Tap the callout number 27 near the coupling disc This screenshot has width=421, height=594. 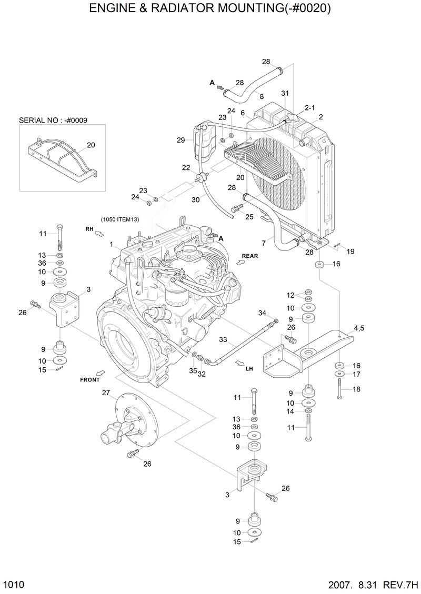106,392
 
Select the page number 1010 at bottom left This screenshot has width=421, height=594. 14,585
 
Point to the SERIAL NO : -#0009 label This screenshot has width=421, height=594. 53,120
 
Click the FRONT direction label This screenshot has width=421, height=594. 90,379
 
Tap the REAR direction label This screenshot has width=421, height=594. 249,256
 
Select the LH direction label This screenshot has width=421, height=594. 249,369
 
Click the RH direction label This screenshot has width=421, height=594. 89,228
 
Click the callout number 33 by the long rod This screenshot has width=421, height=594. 223,340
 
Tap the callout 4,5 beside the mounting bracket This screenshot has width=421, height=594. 359,328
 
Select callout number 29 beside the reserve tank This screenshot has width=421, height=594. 181,140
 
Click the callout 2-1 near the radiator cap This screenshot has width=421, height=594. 310,107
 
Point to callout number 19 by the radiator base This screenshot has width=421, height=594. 350,251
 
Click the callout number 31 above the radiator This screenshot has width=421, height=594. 285,93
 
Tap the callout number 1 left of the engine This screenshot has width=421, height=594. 112,245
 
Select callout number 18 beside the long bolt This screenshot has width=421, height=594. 356,389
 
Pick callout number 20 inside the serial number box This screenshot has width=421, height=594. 91,145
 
